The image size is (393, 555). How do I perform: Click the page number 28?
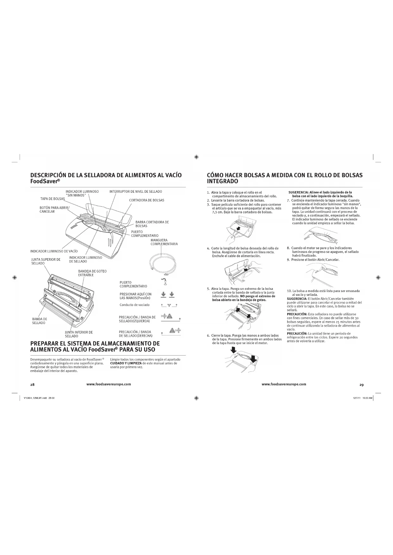tap(32, 385)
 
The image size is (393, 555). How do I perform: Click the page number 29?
tap(361, 385)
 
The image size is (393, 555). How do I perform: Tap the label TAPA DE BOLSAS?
tap(53, 199)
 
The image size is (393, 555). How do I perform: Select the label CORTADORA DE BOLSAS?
tap(147, 200)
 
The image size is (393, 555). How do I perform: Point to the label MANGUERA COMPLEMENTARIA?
tap(164, 242)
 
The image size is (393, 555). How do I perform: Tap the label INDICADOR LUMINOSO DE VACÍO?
tap(54, 251)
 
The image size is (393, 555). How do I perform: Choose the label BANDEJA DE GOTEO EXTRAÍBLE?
tap(92, 273)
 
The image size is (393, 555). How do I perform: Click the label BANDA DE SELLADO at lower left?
tap(39, 321)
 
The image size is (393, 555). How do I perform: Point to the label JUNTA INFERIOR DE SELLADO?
tap(79, 334)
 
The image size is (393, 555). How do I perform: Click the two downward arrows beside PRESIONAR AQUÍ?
tap(168, 295)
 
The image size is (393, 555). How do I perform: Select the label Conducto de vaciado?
tap(134, 305)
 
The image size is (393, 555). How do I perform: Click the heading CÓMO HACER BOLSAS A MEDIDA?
tap(284, 178)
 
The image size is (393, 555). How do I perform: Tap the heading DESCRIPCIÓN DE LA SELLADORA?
tap(106, 178)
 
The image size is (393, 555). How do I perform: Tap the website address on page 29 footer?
tap(284, 384)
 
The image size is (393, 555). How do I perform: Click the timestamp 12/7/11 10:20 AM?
tap(362, 398)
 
